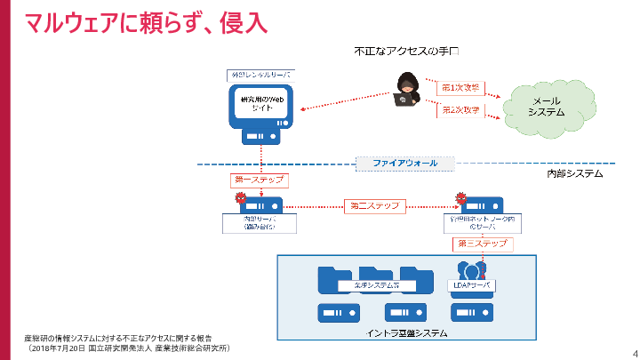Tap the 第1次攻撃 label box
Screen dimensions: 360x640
click(x=460, y=89)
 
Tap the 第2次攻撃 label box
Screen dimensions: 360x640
click(x=460, y=110)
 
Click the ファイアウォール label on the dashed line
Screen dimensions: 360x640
click(x=404, y=164)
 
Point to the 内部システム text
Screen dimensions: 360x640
click(x=574, y=174)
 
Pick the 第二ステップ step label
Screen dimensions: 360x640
click(x=375, y=205)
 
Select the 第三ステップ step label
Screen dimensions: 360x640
click(x=483, y=243)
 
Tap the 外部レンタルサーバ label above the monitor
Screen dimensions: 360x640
click(x=262, y=75)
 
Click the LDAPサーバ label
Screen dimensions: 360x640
click(x=468, y=285)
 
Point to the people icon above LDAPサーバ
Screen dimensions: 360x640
click(x=468, y=269)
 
